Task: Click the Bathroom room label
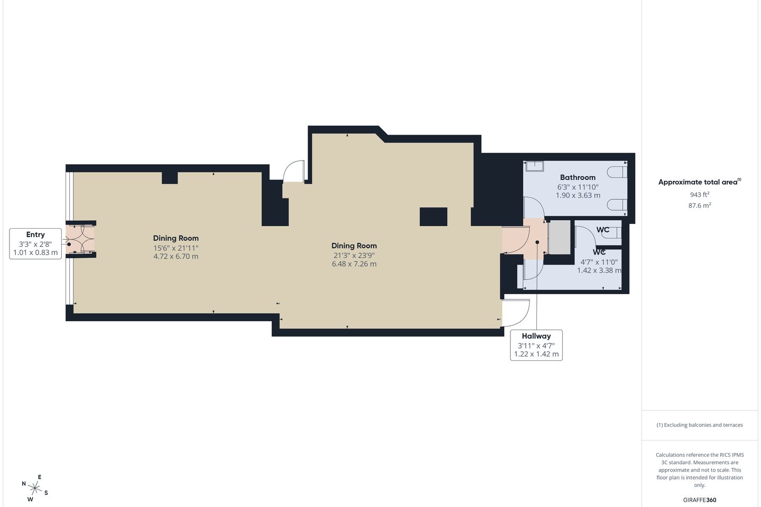(578, 177)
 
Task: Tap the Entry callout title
(35, 234)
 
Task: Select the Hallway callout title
(536, 336)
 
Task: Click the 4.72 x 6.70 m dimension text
(175, 256)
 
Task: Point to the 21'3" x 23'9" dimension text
(354, 256)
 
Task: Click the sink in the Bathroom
(535, 166)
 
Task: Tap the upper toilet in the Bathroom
(617, 172)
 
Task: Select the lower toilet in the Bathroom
(617, 205)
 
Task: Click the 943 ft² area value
(700, 194)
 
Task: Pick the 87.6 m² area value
(700, 205)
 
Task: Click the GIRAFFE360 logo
(700, 500)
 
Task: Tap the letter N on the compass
(24, 484)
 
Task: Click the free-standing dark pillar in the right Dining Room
(433, 217)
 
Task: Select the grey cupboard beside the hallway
(559, 237)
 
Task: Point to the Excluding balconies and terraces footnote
(700, 425)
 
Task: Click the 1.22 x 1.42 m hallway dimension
(536, 354)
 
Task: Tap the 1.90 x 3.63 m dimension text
(578, 195)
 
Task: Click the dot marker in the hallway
(537, 242)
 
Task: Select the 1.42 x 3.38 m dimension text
(599, 270)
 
